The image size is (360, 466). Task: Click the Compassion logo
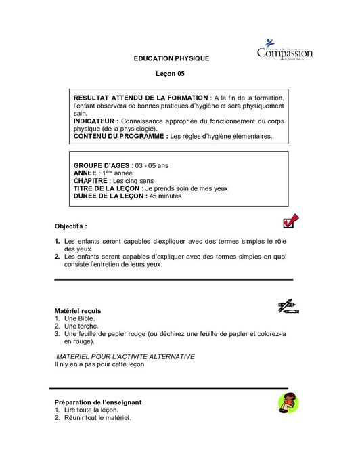[x=284, y=51]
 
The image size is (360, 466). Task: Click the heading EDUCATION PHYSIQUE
[x=172, y=58]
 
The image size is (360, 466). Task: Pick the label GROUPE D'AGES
[x=102, y=165]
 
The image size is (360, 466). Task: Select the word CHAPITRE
[x=90, y=181]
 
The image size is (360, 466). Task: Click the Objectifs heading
[x=70, y=226]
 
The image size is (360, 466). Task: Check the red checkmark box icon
[x=290, y=221]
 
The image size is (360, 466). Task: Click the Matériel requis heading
[x=77, y=310]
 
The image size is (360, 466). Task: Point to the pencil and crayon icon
[x=288, y=305]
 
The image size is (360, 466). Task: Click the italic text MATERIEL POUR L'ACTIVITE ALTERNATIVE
[x=125, y=356]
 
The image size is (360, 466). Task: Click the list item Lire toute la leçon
[x=91, y=410]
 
